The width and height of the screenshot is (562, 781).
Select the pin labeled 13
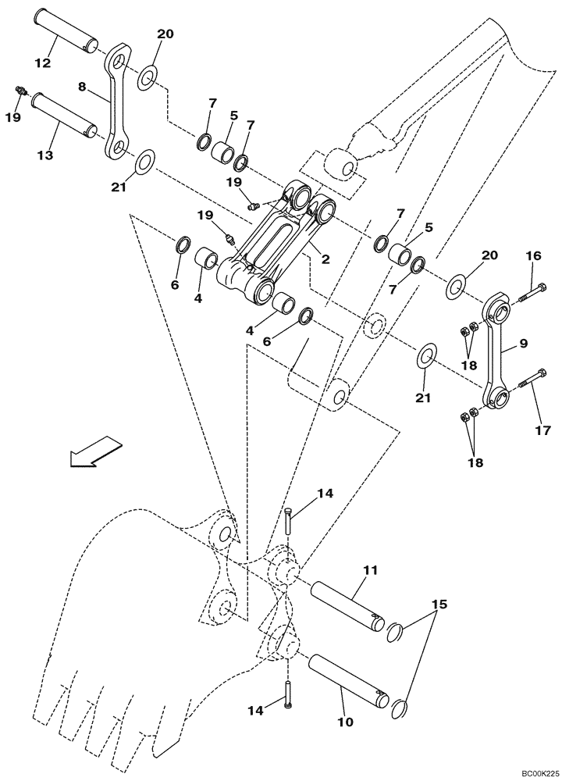[x=63, y=114]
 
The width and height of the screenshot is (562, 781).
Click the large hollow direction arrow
[x=95, y=452]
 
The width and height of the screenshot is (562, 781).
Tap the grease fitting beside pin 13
[x=21, y=93]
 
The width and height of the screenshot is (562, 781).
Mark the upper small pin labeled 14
[x=290, y=519]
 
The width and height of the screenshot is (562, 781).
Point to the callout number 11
[x=372, y=571]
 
